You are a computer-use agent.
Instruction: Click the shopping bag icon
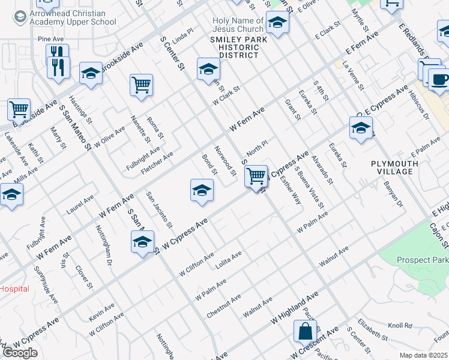[305, 331]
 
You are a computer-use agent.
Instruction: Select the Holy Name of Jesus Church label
[238, 25]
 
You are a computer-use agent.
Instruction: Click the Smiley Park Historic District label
[234, 47]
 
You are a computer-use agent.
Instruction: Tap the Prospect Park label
[422, 260]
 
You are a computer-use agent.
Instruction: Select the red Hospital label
[14, 289]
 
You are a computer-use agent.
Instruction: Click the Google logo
[20, 353]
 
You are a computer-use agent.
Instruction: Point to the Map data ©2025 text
[424, 355]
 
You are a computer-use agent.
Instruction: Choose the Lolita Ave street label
[228, 259]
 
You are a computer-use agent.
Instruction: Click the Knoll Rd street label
[400, 326]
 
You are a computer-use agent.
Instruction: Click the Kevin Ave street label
[101, 311]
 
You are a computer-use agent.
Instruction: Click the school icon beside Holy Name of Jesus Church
[277, 23]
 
